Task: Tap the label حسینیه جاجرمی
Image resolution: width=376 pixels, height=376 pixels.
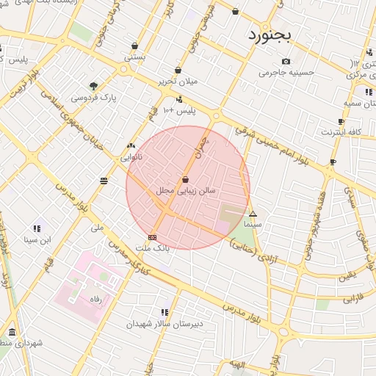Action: tap(286, 73)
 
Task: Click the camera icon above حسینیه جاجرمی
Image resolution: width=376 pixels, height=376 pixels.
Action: tap(286, 61)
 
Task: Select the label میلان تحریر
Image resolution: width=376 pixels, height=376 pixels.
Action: tap(178, 82)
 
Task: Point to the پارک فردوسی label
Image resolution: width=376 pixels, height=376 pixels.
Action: tap(94, 97)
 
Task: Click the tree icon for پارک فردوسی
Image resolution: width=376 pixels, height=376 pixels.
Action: tap(93, 85)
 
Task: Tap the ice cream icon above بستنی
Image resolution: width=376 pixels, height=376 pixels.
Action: tap(134, 45)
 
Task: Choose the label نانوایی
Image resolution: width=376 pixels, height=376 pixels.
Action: tap(131, 156)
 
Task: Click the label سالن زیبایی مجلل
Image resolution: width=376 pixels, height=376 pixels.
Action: tap(186, 190)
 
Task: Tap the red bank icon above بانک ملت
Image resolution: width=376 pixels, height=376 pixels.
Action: tap(152, 237)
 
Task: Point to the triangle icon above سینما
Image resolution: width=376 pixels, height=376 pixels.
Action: tap(253, 213)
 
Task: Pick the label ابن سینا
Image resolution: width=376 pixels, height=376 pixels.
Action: tap(37, 239)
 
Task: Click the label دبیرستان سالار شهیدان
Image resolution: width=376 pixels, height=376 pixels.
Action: tap(164, 323)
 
